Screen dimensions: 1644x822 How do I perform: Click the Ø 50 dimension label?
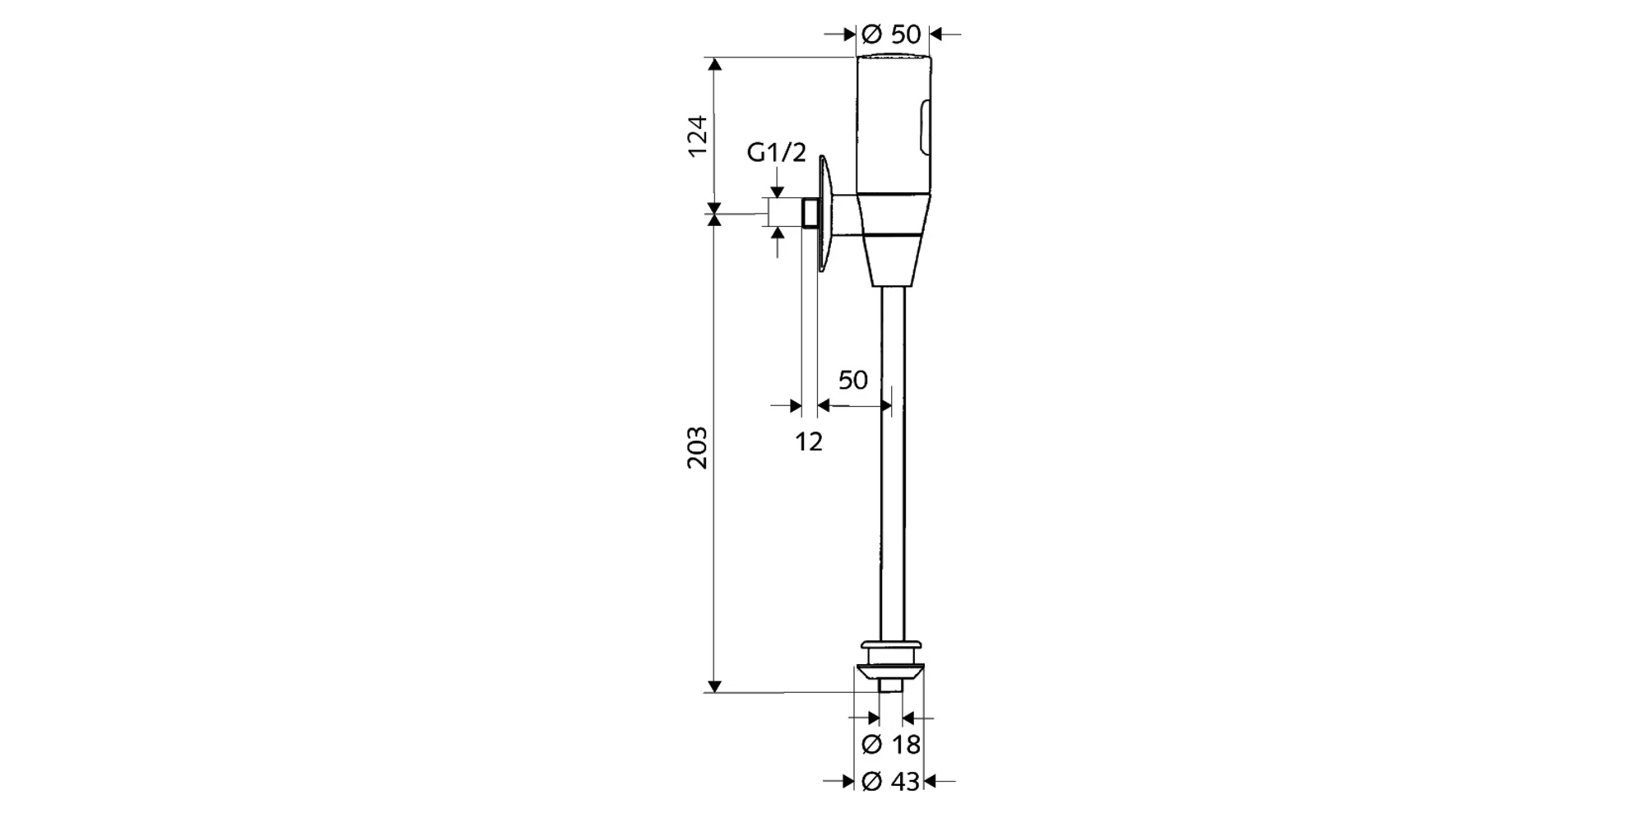(x=892, y=35)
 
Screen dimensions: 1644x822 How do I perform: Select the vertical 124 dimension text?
(x=697, y=136)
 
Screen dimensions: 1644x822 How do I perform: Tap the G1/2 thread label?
(x=777, y=152)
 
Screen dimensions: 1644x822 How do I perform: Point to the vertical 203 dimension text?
(x=697, y=448)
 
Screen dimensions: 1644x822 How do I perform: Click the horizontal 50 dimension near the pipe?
(x=853, y=380)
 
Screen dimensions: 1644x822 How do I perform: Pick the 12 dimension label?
(x=809, y=441)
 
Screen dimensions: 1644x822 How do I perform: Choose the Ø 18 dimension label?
(x=891, y=745)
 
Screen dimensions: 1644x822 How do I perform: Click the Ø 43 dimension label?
(x=891, y=782)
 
